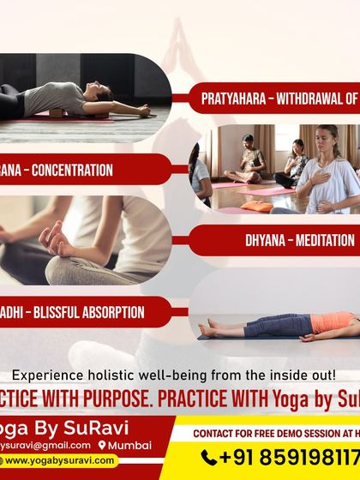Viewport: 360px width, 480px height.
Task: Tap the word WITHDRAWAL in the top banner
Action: pos(313,99)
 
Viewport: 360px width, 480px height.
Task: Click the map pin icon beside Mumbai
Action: pos(102,445)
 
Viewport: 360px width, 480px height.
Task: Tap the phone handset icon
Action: pos(209,457)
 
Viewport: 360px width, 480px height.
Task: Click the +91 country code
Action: pos(242,457)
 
